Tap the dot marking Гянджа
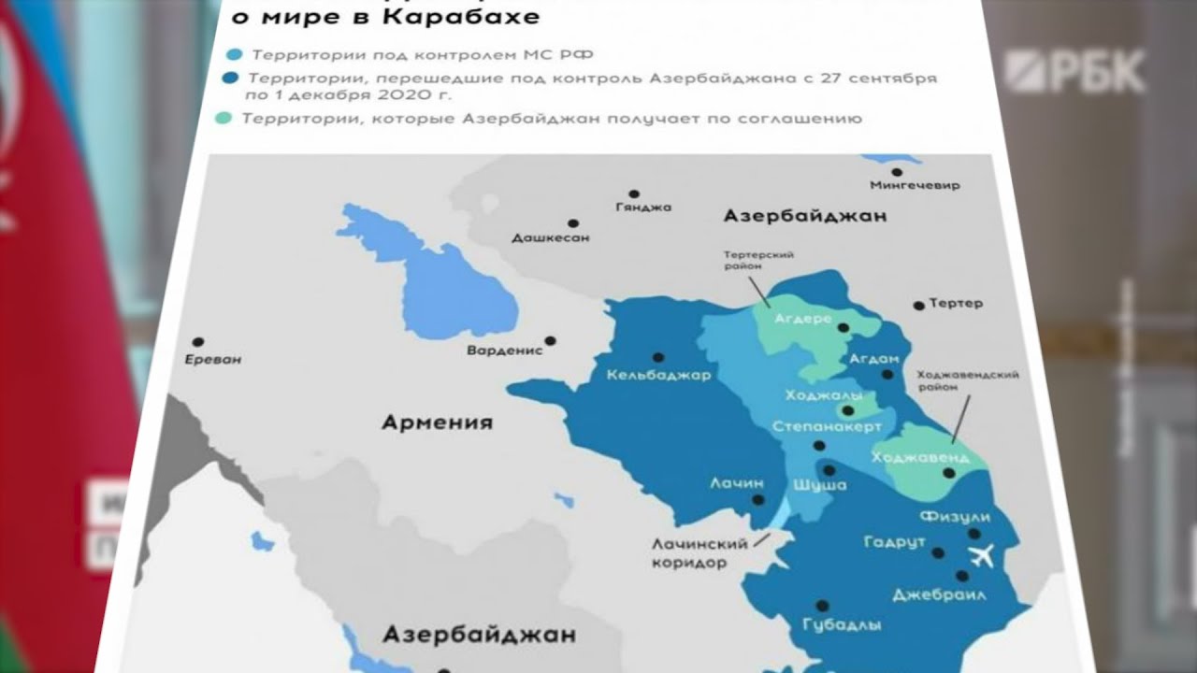[634, 194]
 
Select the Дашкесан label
[551, 238]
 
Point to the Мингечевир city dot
[897, 172]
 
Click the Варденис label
[505, 351]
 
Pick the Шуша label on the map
[819, 485]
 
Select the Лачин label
[737, 483]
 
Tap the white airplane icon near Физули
[981, 558]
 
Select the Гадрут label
[894, 543]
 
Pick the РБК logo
[1075, 72]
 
